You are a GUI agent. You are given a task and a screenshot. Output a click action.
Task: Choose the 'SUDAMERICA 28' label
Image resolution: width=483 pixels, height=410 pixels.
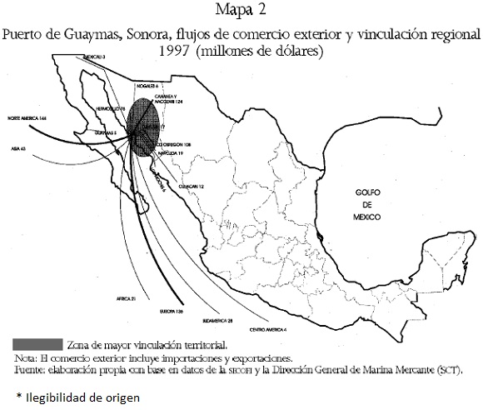tap(217, 320)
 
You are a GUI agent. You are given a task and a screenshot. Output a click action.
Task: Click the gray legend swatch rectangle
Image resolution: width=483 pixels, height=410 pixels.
tap(38, 342)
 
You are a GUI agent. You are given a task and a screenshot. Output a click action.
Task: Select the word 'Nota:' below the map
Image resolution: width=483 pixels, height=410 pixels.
tap(26, 356)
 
